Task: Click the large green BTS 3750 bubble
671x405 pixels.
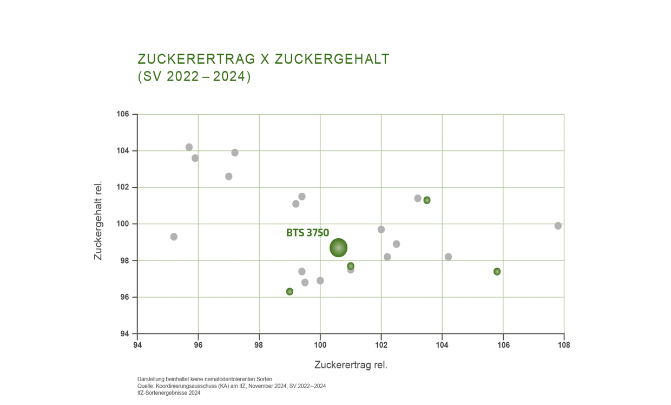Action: (x=338, y=248)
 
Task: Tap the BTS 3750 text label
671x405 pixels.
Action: (x=307, y=233)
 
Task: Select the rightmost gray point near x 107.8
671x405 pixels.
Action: (x=558, y=226)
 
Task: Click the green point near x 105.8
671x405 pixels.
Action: (x=497, y=271)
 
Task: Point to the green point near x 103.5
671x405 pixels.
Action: (x=427, y=200)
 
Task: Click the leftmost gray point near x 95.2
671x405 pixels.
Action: (x=174, y=237)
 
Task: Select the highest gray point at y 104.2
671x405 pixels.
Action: (x=189, y=147)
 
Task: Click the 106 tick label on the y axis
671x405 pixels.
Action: (x=123, y=114)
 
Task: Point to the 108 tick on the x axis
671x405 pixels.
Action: (x=564, y=345)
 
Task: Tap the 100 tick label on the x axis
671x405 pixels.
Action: (x=320, y=345)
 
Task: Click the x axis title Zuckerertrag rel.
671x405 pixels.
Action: (x=351, y=365)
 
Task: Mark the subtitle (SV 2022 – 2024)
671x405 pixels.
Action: (x=194, y=76)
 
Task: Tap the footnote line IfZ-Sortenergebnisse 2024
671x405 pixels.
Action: (x=169, y=393)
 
